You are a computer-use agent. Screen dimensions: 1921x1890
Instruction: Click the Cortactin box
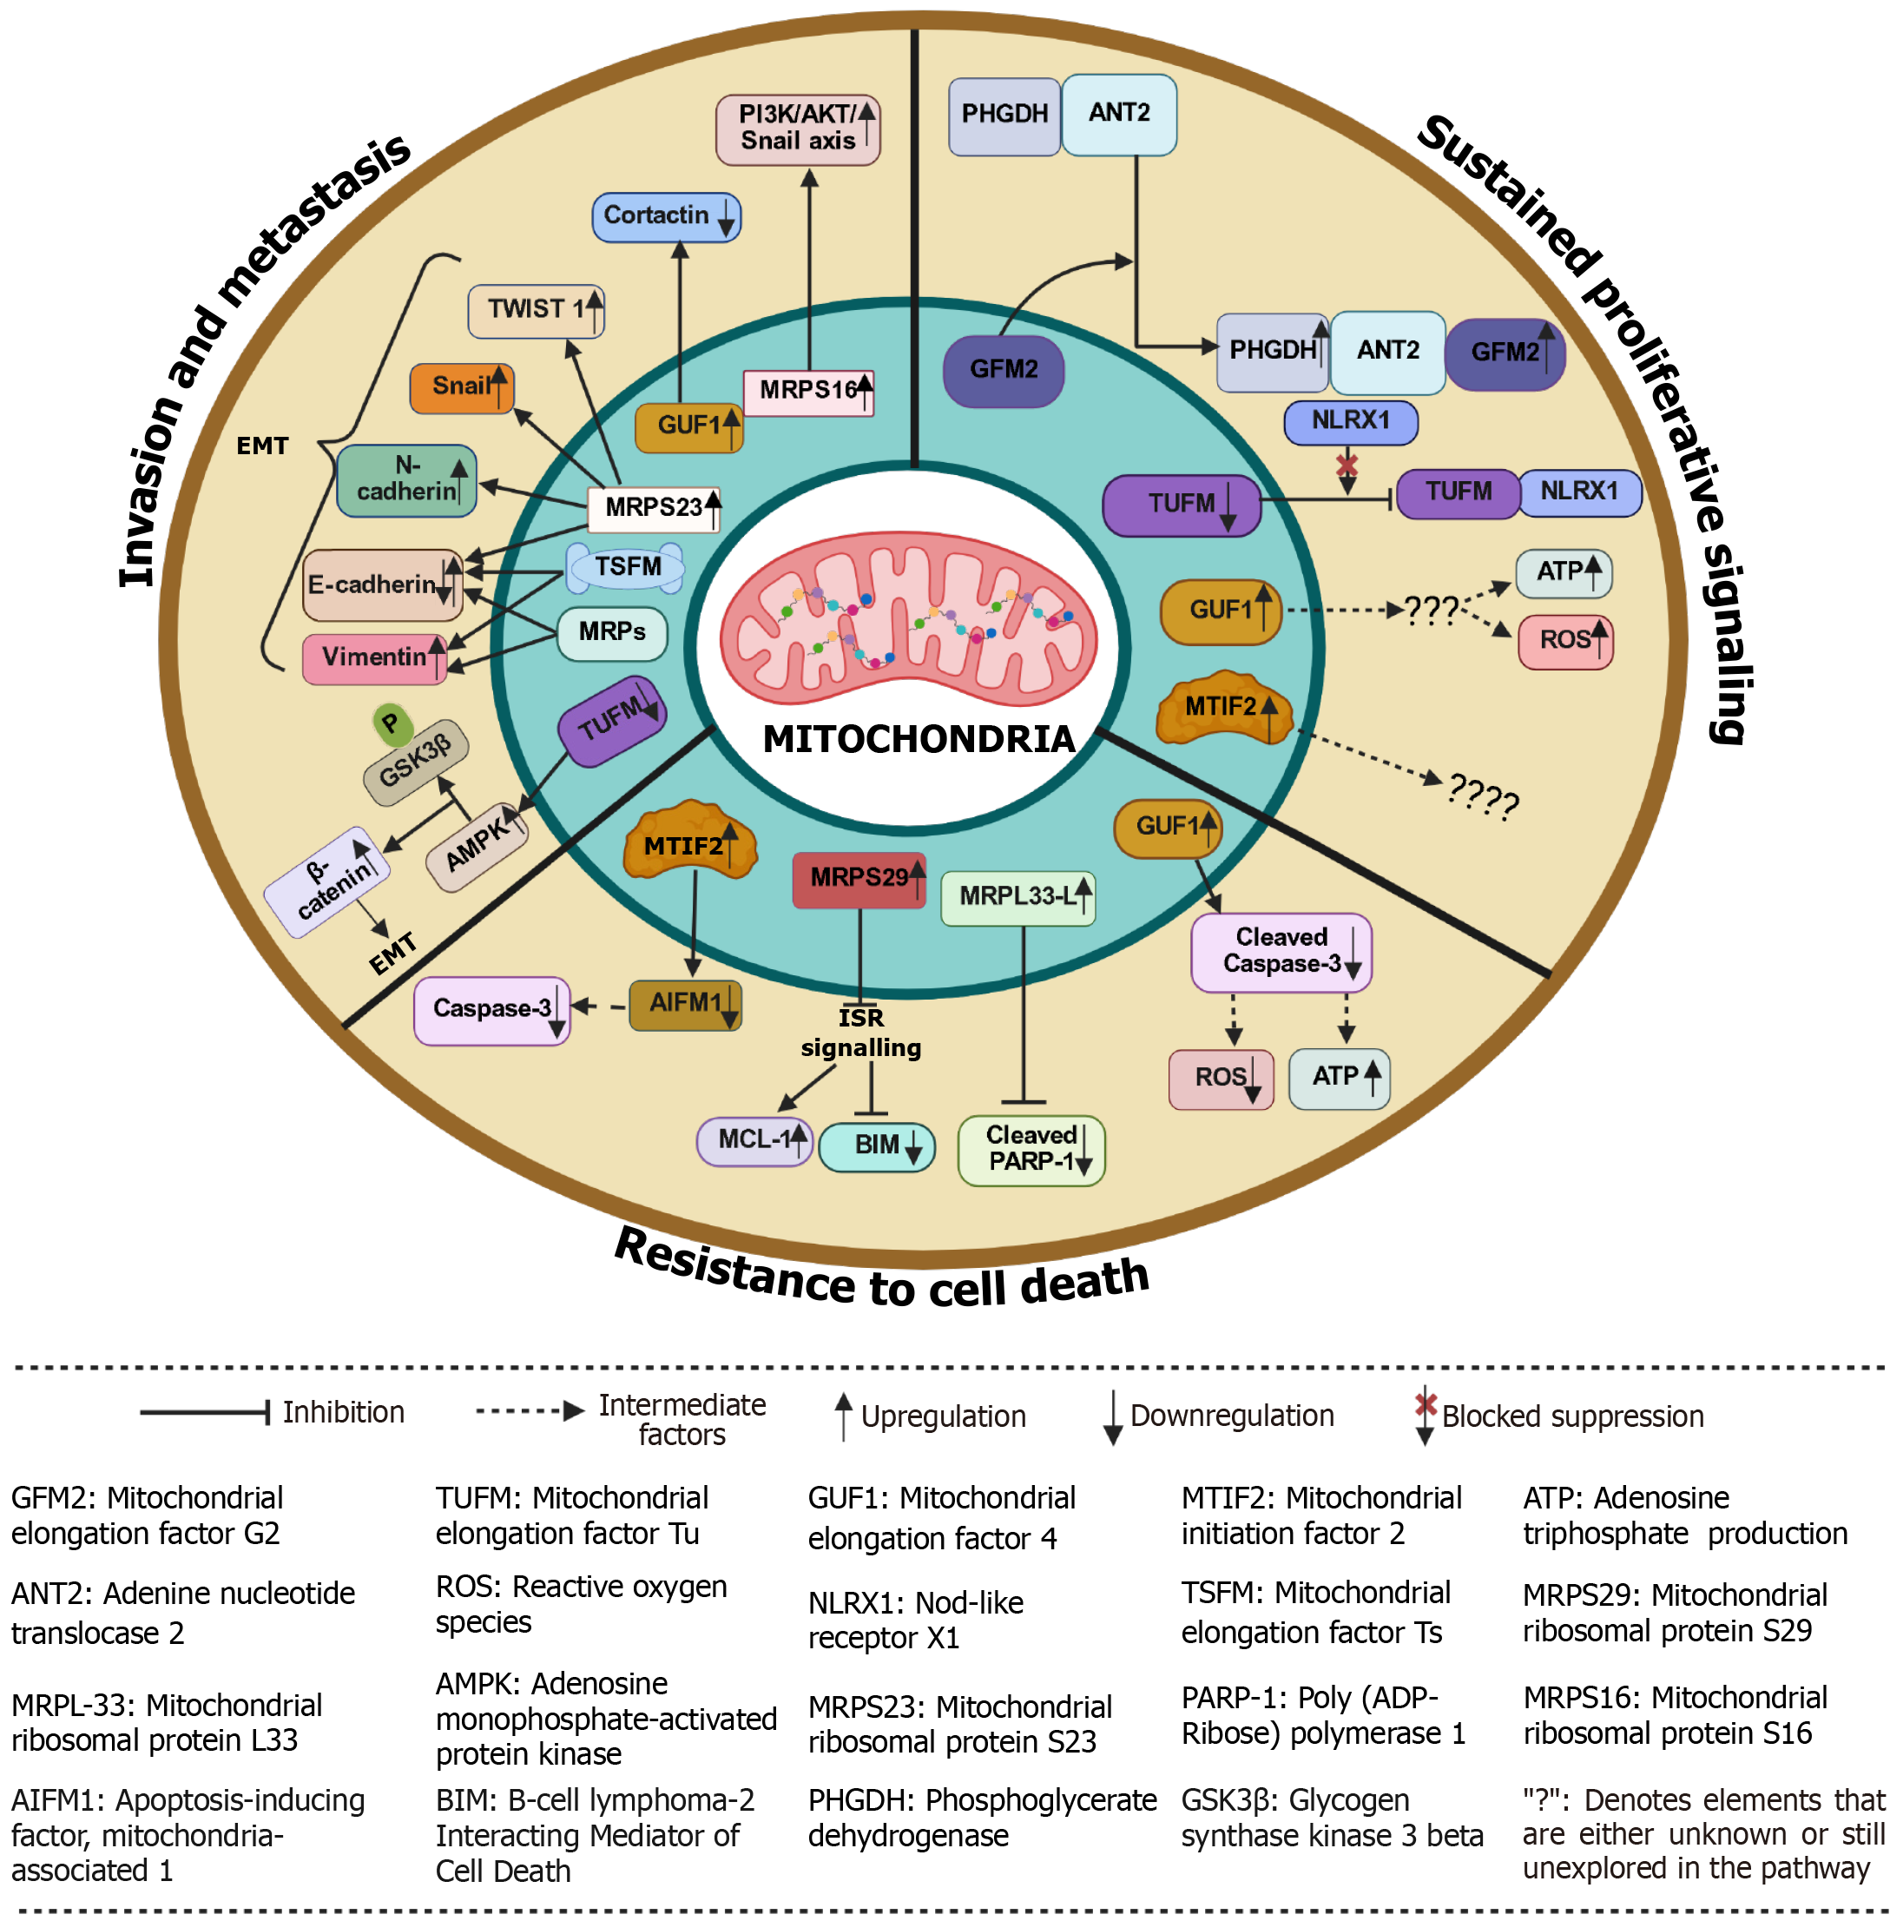666,216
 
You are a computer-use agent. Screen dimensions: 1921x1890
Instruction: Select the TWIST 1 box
536,311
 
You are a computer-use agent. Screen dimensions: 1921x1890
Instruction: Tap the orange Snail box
462,387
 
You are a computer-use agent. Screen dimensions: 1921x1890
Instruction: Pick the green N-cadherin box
407,480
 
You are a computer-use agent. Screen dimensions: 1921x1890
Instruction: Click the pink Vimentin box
374,658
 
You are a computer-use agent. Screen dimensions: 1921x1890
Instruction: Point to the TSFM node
626,567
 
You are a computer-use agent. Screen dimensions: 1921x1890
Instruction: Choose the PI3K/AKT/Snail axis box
797,129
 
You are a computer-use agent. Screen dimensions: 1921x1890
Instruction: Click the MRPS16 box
809,391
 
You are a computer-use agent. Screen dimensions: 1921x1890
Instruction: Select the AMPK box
477,846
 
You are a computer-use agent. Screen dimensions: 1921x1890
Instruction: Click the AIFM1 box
685,1005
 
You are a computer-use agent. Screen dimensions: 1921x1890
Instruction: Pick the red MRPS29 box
859,879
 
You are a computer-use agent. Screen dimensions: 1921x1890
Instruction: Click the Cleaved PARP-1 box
1031,1150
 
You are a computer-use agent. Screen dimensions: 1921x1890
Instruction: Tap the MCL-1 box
754,1139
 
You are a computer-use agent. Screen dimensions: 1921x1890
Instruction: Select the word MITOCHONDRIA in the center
919,740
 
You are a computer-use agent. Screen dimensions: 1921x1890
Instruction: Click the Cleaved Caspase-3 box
1281,952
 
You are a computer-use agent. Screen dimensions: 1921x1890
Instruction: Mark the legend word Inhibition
344,1413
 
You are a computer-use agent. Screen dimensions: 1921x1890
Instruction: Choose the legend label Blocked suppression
1572,1416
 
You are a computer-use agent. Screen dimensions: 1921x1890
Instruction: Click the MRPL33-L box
1017,897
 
